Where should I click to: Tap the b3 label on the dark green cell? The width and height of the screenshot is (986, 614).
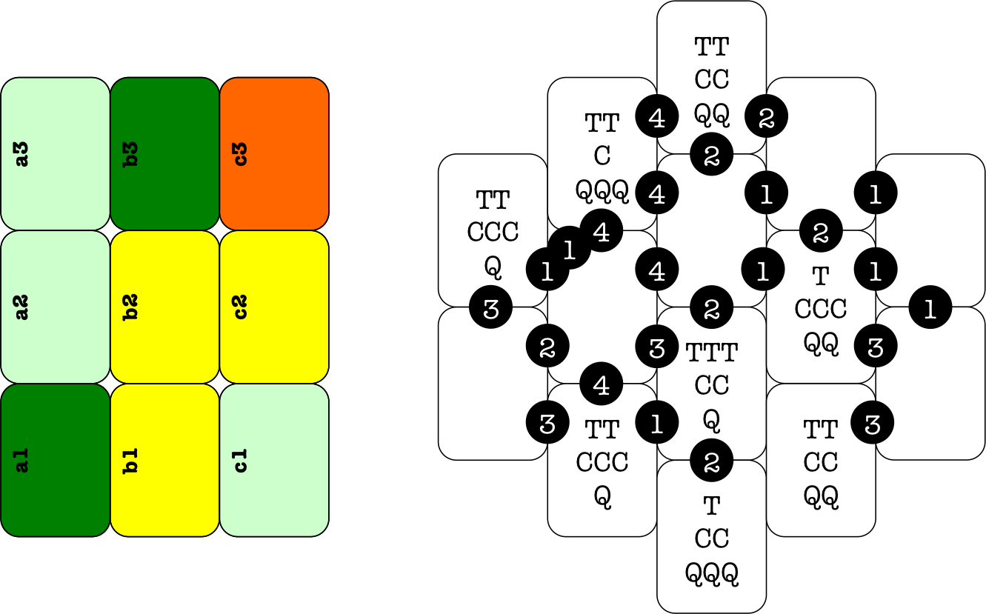click(131, 153)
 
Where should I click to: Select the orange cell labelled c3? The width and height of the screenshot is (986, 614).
click(274, 153)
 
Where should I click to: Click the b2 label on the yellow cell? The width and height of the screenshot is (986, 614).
click(131, 307)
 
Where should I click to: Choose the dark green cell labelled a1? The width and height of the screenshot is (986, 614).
click(55, 459)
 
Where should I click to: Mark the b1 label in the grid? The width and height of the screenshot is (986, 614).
click(131, 459)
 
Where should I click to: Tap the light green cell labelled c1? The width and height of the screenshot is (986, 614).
click(274, 459)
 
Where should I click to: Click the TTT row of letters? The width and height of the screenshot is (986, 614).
click(712, 353)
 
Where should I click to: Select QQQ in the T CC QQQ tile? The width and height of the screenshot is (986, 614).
click(712, 573)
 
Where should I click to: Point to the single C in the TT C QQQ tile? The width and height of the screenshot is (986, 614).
click(602, 156)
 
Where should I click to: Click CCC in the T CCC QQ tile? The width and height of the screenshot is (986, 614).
click(821, 309)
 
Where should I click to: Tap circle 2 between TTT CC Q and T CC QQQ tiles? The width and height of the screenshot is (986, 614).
click(712, 461)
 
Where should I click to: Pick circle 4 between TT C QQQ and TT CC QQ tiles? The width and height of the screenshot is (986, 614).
click(657, 118)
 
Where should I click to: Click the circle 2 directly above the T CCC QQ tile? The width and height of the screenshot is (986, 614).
click(821, 233)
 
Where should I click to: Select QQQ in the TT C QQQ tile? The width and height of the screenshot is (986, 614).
click(602, 190)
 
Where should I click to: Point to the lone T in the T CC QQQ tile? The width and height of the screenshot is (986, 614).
click(712, 507)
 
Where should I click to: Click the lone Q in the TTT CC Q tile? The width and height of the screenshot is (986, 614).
click(712, 420)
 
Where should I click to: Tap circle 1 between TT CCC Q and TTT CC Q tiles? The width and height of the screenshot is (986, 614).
click(657, 424)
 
